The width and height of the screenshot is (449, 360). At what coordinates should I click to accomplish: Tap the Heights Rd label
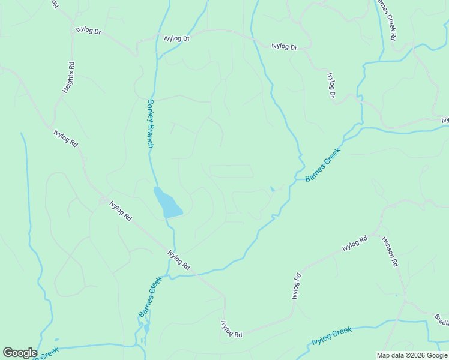click(x=68, y=77)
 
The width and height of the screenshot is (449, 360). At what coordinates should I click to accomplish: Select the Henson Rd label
click(x=390, y=251)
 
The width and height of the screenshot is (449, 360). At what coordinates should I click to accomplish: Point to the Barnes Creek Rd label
click(x=385, y=20)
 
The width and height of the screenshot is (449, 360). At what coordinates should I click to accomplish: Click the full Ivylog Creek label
click(x=331, y=335)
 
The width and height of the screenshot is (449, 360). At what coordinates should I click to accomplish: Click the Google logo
click(x=20, y=353)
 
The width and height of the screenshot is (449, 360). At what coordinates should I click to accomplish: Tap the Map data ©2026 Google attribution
click(x=411, y=355)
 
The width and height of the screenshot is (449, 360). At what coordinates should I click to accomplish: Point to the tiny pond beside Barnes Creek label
click(x=273, y=189)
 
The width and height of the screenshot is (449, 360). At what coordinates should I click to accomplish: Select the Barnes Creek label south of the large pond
click(x=150, y=297)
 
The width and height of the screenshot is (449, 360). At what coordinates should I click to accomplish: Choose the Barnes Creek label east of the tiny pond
click(x=322, y=165)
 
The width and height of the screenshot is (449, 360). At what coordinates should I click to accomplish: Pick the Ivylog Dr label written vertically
click(x=330, y=85)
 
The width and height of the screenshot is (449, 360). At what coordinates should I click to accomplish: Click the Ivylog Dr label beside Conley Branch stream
click(x=177, y=38)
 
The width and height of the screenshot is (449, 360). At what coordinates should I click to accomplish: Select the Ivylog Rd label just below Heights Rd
click(x=65, y=139)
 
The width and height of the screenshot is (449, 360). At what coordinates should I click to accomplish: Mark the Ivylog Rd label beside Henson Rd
click(x=354, y=244)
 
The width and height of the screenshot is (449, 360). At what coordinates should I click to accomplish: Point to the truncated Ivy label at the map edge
click(x=445, y=121)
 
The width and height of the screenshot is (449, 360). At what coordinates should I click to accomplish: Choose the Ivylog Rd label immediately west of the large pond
click(x=121, y=211)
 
